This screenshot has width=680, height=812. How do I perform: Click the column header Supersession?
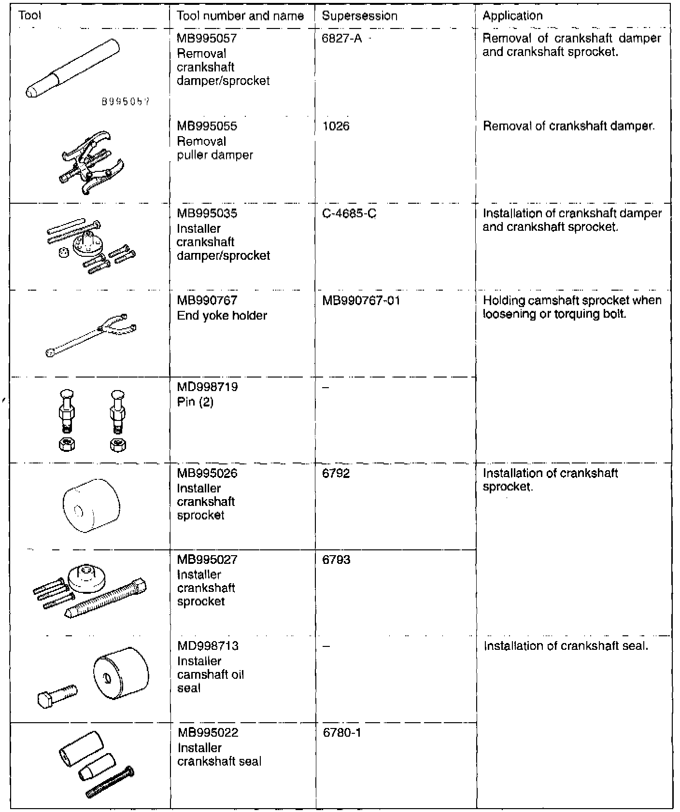[359, 16]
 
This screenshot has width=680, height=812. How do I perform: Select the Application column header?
[512, 16]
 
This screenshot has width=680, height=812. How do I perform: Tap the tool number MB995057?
[207, 38]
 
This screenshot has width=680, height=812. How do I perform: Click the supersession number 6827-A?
[341, 38]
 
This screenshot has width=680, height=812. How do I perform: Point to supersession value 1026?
[336, 126]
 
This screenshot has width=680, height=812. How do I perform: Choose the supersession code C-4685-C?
[349, 213]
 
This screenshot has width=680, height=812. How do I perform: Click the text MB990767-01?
[361, 301]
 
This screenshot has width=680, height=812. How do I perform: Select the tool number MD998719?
[207, 387]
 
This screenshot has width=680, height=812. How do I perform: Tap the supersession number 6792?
[336, 474]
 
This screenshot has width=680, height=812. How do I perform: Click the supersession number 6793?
[336, 560]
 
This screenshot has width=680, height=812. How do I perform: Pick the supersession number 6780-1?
[342, 733]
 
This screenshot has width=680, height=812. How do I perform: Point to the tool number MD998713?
[208, 646]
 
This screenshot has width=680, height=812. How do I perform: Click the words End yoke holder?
[222, 316]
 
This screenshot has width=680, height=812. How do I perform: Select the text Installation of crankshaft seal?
[566, 646]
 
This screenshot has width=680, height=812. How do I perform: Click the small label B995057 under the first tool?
[126, 102]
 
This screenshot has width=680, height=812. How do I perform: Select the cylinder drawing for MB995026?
[91, 505]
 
